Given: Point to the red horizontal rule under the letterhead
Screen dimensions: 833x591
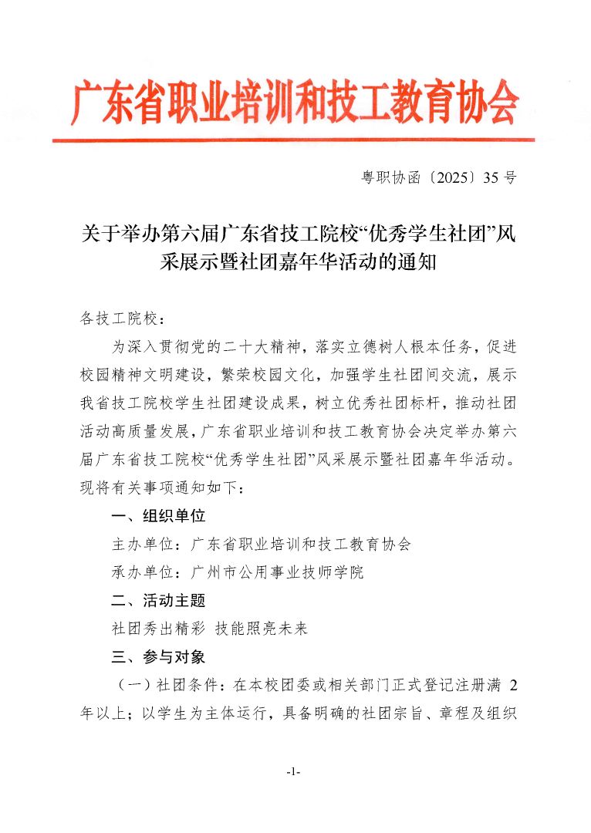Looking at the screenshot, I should (x=293, y=140).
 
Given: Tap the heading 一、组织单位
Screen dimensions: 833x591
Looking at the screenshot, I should (x=158, y=516).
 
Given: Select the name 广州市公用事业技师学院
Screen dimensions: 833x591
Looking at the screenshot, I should (x=277, y=572).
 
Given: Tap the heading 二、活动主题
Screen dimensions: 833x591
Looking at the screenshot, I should (x=158, y=600).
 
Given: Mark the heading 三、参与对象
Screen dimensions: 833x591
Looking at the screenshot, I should (x=158, y=657).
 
